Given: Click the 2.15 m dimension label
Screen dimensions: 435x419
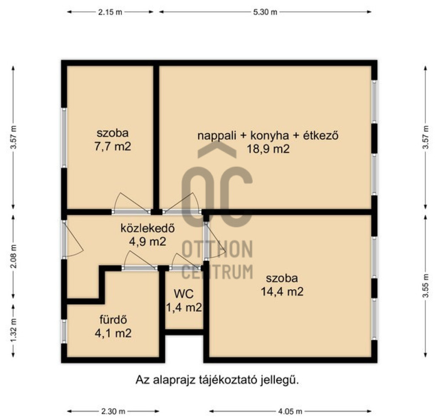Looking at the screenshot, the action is pyautogui.click(x=110, y=12).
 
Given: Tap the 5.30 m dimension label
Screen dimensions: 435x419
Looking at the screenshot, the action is pyautogui.click(x=265, y=12).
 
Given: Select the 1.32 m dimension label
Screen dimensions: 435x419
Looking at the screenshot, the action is pyautogui.click(x=14, y=331).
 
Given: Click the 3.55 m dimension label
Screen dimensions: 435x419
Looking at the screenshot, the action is pyautogui.click(x=426, y=286).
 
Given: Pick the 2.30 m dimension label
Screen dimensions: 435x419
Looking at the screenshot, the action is pyautogui.click(x=113, y=411).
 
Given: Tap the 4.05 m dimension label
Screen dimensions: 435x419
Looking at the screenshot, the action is pyautogui.click(x=290, y=411).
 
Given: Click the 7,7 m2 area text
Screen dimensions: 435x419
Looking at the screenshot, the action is pyautogui.click(x=113, y=146).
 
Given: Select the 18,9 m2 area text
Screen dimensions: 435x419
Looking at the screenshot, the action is pyautogui.click(x=268, y=149).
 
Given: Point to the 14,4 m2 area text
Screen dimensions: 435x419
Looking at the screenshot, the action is pyautogui.click(x=282, y=291).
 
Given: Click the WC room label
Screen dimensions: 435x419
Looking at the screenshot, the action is pyautogui.click(x=184, y=294).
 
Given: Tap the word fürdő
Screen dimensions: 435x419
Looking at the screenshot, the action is pyautogui.click(x=113, y=319).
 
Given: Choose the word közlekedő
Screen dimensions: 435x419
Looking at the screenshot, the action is pyautogui.click(x=147, y=228).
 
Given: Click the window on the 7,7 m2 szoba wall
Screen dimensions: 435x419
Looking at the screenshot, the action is pyautogui.click(x=64, y=137).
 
